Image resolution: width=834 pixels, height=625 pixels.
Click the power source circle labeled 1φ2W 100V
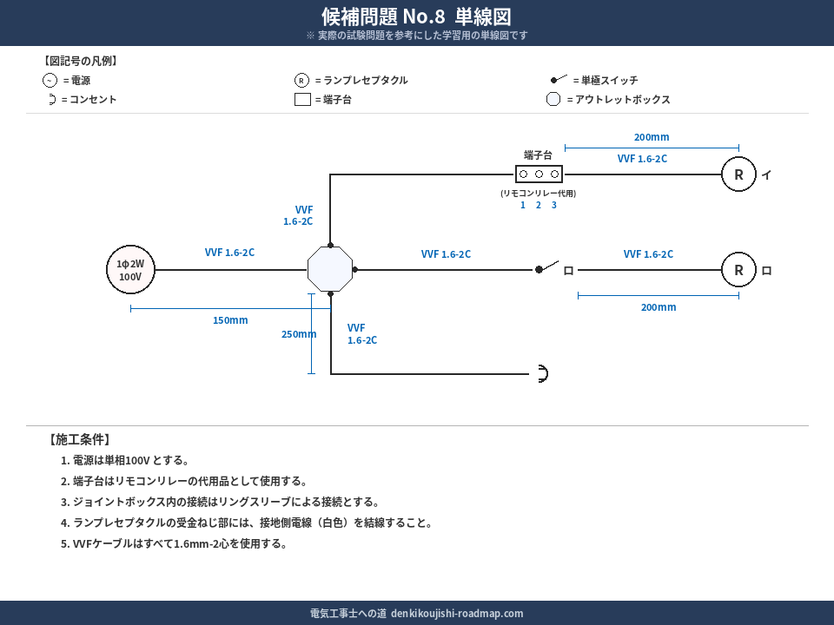[130, 270]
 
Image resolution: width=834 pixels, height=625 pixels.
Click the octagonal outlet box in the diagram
[330, 269]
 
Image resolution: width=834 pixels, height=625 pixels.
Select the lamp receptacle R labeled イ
[738, 174]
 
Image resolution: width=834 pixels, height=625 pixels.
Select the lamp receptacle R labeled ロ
[738, 270]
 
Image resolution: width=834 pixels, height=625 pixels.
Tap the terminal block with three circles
[539, 174]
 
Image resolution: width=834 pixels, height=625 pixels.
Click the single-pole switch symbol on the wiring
[546, 267]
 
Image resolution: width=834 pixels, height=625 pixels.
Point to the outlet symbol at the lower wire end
[542, 374]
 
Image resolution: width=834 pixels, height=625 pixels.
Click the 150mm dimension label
[230, 320]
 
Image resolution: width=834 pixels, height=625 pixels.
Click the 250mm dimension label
[298, 334]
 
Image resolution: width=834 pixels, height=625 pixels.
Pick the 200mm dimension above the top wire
[652, 137]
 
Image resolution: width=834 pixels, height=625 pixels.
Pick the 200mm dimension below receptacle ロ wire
[659, 307]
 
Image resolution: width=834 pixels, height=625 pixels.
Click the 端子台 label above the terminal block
[538, 155]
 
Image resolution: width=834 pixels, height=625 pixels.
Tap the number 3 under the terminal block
[553, 205]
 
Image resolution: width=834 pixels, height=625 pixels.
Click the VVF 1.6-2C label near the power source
[229, 253]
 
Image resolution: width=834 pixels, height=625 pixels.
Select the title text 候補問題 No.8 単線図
[416, 16]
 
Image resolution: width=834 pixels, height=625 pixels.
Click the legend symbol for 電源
[50, 80]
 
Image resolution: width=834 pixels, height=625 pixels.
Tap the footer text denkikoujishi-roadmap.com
[457, 613]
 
